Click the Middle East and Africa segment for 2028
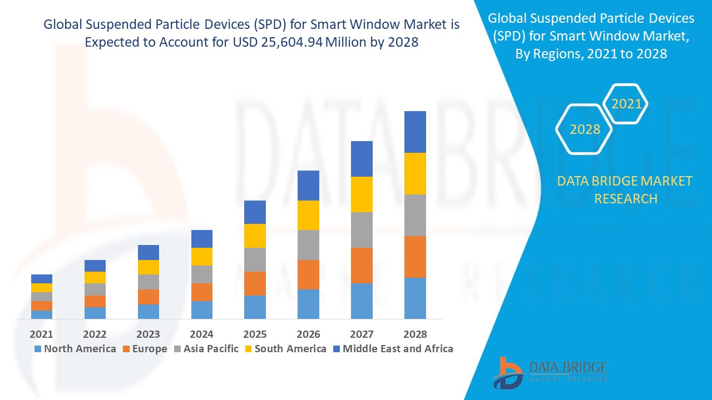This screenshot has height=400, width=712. tap(415, 132)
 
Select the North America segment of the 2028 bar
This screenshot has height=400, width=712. tap(415, 298)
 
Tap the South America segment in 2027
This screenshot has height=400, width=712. tap(362, 194)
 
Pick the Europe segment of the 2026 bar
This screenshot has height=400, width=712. tap(308, 274)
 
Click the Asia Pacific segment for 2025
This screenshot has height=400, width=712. tap(255, 259)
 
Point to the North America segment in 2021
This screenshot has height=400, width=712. tap(42, 314)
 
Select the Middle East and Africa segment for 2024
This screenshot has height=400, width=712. tap(202, 239)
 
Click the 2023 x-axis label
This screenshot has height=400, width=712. tap(148, 334)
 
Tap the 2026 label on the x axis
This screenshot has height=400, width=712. tap(308, 334)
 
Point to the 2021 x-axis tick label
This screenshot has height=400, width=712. tap(42, 334)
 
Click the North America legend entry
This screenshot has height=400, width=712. tap(75, 349)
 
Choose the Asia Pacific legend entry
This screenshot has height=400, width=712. tap(205, 349)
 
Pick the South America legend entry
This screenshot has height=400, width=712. tap(285, 349)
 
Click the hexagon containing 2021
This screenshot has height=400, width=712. tap(626, 104)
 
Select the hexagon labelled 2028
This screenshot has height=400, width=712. tap(585, 129)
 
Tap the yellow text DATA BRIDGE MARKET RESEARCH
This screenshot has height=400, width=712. tap(625, 189)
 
